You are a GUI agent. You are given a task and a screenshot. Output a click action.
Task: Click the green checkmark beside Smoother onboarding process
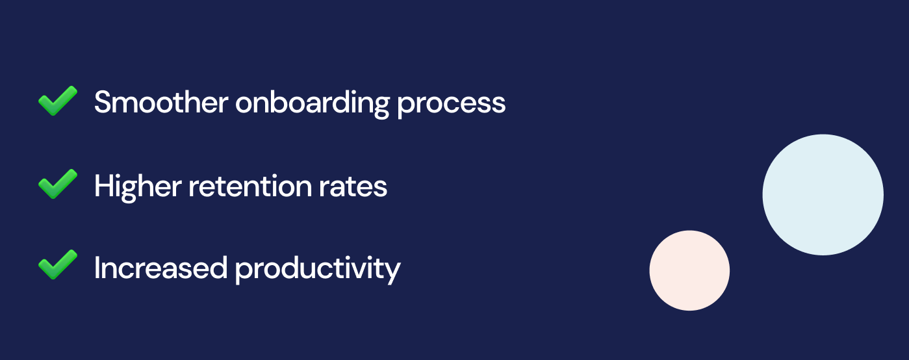[x=57, y=101]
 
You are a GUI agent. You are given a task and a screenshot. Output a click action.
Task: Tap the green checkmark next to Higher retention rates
[x=57, y=185]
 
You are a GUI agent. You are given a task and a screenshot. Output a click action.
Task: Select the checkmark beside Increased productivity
[x=57, y=265]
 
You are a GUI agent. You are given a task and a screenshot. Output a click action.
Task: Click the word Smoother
[x=160, y=102]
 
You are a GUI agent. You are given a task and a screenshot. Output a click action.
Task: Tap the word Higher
[x=137, y=187]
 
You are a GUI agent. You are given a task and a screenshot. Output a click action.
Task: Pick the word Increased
[x=160, y=268]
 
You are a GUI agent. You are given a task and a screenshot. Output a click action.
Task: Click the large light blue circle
[x=823, y=194]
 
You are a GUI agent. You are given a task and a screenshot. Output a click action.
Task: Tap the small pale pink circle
[x=689, y=270]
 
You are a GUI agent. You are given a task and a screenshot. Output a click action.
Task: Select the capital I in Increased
[x=97, y=268]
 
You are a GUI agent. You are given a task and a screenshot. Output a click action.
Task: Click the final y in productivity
[x=392, y=272]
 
